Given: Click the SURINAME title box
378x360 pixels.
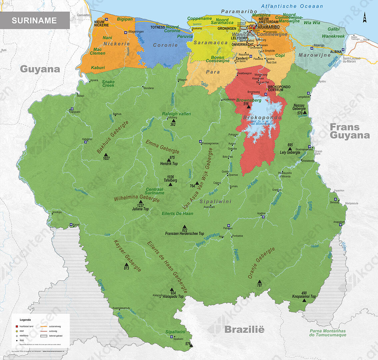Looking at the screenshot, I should coord(34,20).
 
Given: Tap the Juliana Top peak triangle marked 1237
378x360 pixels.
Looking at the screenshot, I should coord(140,202).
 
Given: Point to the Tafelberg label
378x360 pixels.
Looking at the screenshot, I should coord(170,180).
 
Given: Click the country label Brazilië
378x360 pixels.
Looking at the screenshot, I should coord(244,329).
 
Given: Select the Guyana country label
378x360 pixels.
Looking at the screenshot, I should coord(40,69).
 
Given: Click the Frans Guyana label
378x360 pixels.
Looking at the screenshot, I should coord(349,131).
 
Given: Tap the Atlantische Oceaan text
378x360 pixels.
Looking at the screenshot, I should coord(292,6).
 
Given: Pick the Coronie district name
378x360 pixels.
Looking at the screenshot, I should coord(165,45).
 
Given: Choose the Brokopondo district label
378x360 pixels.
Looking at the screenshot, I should coord(262,118).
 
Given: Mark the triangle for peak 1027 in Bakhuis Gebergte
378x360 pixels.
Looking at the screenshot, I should coord(106,155).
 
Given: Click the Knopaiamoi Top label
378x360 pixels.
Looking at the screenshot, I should coord(304,296).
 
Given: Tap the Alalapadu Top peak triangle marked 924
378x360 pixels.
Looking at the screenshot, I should coord(172,289).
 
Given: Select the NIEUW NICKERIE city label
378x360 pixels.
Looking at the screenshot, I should coord(101,23).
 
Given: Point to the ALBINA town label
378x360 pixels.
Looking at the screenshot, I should coord(336,52).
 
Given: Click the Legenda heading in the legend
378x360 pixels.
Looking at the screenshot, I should coord(25,320).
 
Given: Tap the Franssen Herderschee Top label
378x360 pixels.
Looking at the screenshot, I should coord(184,233).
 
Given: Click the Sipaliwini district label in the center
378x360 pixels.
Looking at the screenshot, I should coord(215,201).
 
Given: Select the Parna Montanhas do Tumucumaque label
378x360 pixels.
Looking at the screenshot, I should coord(328,333).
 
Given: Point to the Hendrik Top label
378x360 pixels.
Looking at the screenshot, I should coord(169,164).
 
